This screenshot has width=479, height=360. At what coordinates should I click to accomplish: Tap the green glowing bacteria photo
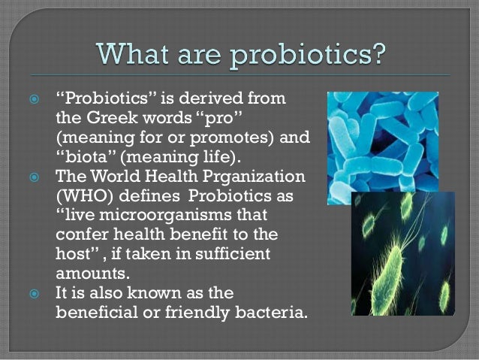[x=402, y=256]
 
